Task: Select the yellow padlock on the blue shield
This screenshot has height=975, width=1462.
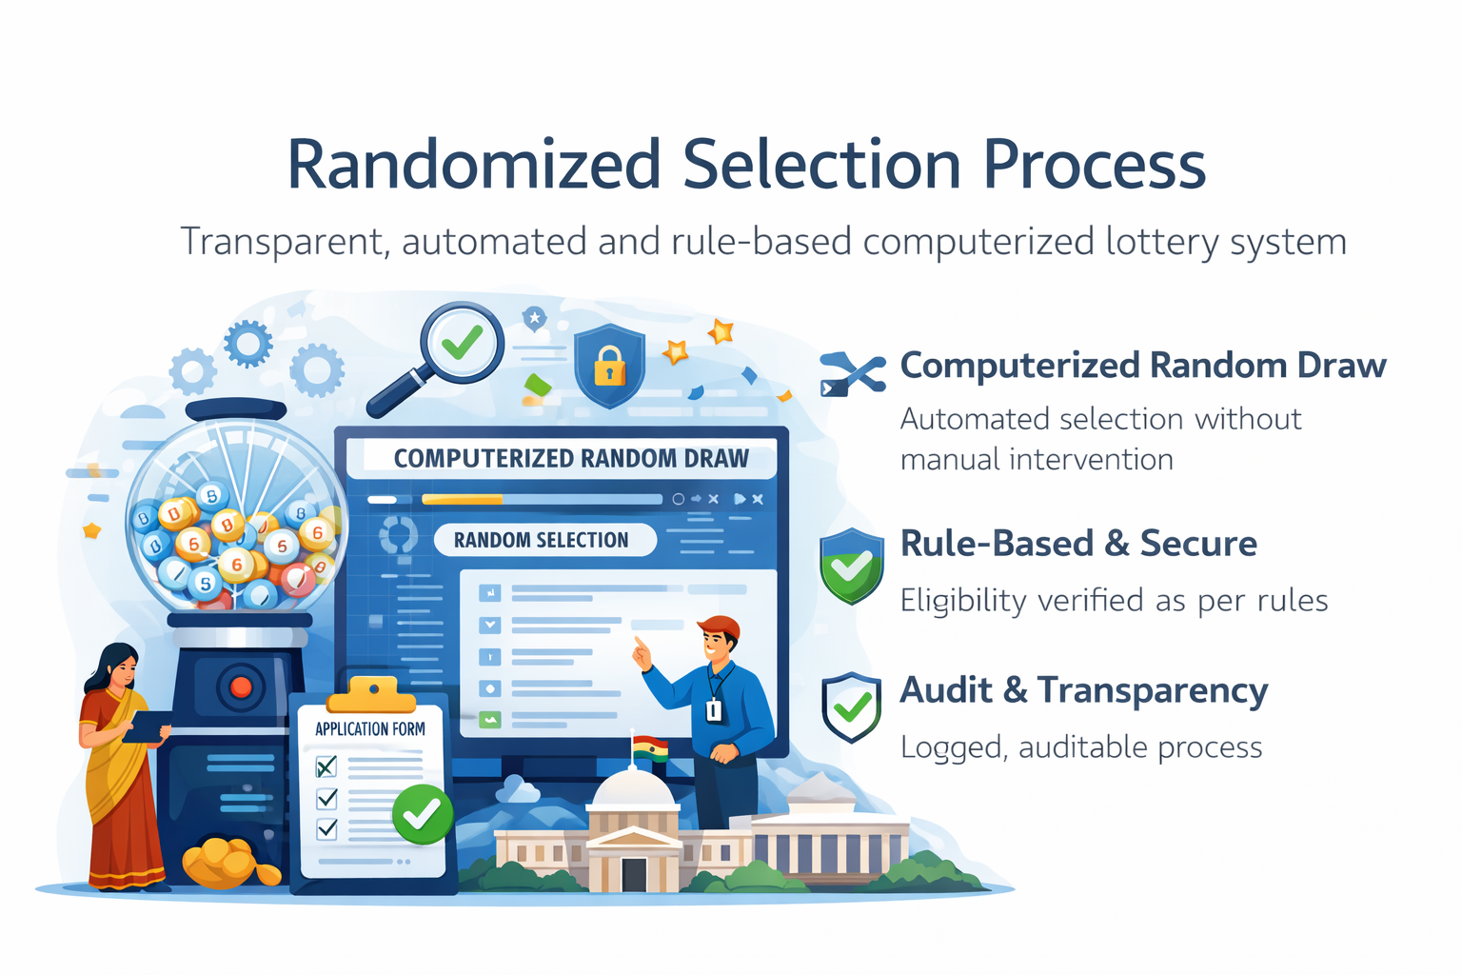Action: point(609,367)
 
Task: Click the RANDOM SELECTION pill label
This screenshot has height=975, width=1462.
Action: point(542,540)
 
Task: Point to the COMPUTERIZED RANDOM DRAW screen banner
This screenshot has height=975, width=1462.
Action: point(571,458)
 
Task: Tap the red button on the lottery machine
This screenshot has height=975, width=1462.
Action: point(241,686)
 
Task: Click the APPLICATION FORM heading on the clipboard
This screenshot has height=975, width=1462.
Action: point(370,729)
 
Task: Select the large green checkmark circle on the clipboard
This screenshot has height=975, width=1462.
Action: point(422,814)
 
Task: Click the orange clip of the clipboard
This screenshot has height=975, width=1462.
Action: point(371,697)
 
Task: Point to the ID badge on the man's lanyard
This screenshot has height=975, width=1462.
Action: point(714,709)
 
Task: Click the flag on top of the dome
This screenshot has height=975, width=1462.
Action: point(649,748)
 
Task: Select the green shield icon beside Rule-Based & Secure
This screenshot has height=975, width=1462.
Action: point(851,566)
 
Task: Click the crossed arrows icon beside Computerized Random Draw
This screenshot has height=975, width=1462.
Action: point(852,373)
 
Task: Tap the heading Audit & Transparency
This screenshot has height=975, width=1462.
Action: point(1083,690)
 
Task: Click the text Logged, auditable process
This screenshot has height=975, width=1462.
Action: point(1081,747)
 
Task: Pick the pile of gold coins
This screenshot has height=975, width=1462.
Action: point(225,862)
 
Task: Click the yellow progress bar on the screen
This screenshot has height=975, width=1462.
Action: point(462,499)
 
